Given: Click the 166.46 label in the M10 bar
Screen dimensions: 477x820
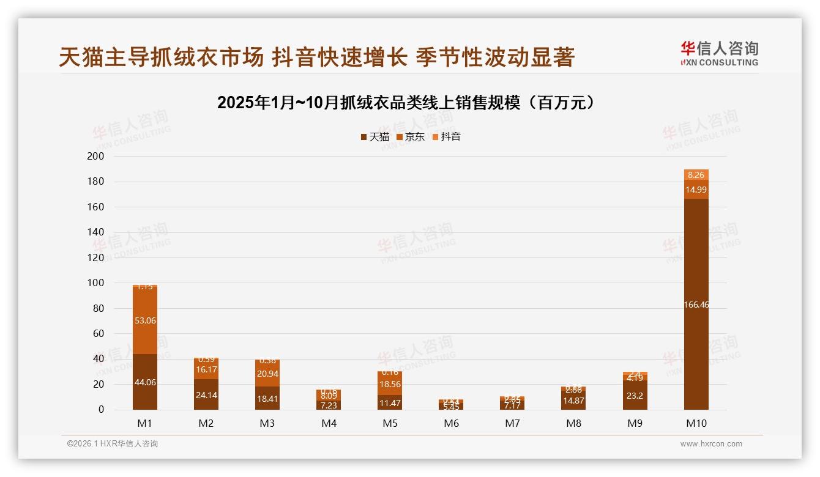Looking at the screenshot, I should [x=696, y=305].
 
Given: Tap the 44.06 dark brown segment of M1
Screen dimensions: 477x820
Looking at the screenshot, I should [x=145, y=382].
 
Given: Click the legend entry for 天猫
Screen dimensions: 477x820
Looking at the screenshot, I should [x=375, y=137].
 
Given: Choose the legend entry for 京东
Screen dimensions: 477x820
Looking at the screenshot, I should [x=411, y=137].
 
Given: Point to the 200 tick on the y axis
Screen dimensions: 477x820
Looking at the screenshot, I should [x=96, y=157].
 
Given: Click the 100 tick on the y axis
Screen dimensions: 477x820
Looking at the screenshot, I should [x=96, y=283].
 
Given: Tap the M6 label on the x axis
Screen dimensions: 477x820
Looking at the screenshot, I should [x=451, y=423].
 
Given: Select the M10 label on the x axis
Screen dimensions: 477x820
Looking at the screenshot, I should [x=696, y=423].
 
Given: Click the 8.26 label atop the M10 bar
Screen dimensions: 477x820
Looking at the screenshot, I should [x=696, y=175].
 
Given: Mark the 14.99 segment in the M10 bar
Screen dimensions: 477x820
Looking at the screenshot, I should [x=696, y=190].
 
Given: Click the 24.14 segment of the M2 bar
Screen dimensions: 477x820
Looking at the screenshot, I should [x=206, y=394].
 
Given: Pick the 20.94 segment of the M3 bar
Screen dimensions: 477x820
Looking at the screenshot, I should [x=267, y=374].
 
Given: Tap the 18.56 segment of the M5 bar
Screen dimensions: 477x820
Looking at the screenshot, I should [x=390, y=383].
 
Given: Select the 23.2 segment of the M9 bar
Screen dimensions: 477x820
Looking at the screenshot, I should [x=635, y=395].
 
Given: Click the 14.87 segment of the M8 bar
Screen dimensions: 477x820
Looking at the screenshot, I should [x=573, y=401].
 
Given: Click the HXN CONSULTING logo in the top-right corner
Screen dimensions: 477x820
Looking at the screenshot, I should [x=719, y=54].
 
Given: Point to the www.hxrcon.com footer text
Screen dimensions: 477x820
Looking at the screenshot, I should [x=711, y=444].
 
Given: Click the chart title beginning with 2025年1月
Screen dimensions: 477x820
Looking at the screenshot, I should [x=406, y=103].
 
